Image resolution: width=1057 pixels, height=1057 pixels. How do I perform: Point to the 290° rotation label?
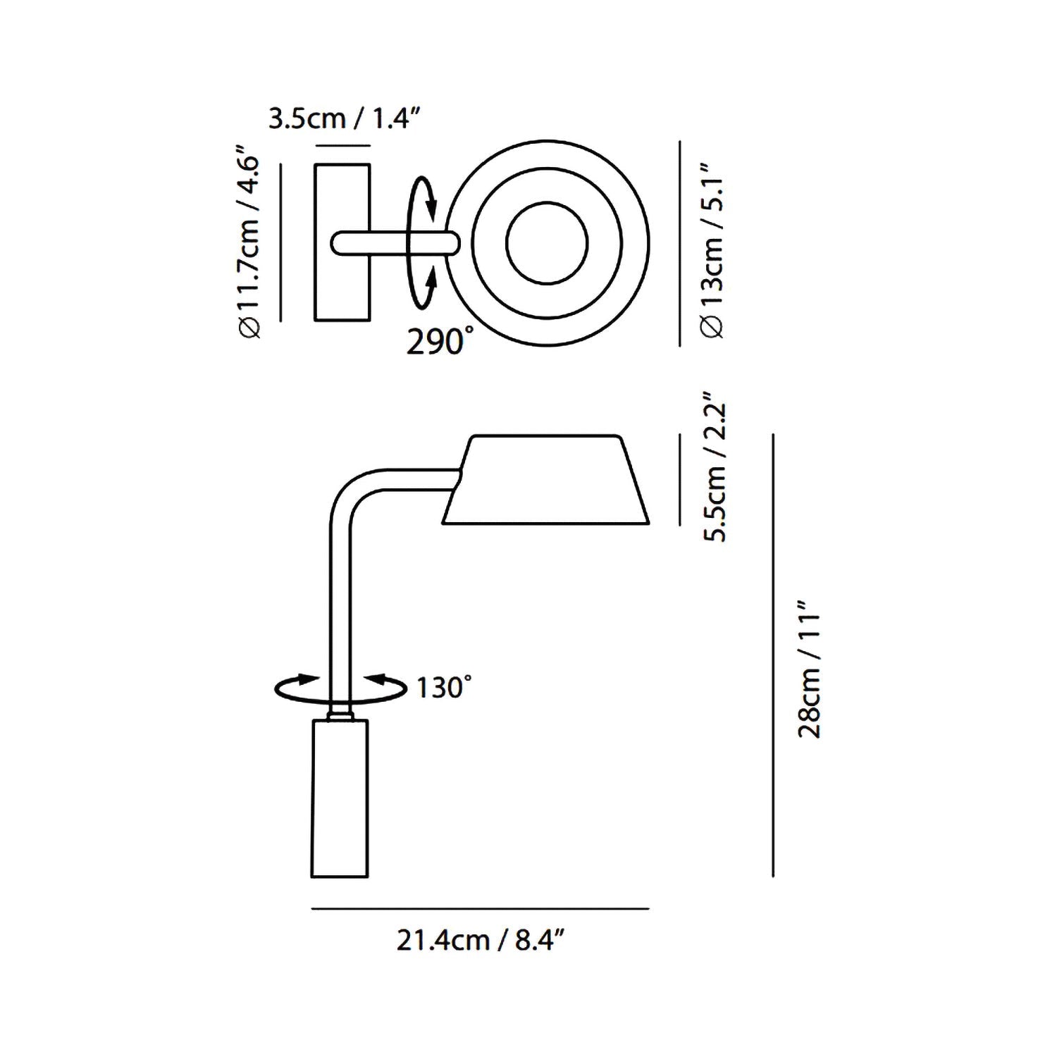(435, 342)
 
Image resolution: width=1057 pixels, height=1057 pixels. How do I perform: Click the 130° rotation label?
(443, 687)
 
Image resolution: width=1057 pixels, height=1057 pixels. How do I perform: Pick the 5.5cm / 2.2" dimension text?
(715, 466)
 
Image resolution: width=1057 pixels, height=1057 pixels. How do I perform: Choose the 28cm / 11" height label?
(810, 668)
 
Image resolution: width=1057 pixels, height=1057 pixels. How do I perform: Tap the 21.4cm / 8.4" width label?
(482, 939)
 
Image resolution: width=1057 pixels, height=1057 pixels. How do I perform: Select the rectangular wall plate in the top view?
(342, 242)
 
